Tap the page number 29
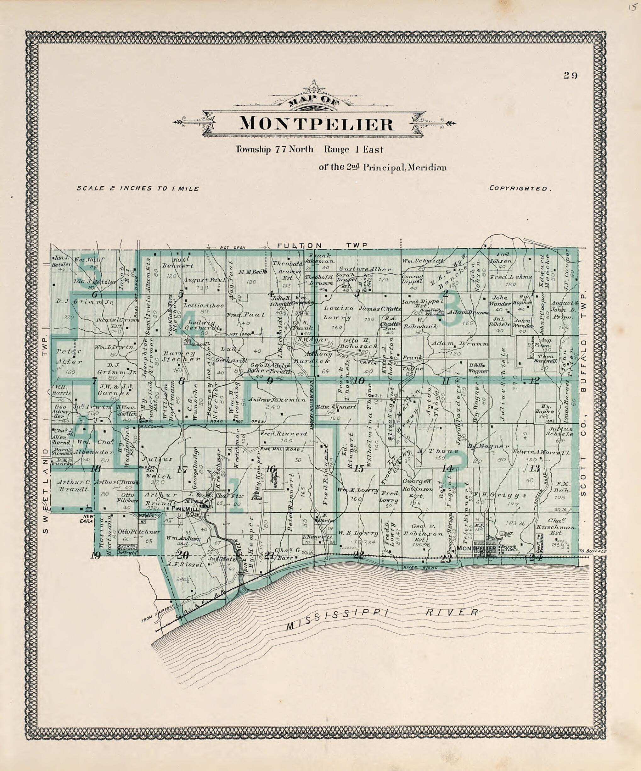(x=570, y=76)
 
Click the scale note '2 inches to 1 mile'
(x=138, y=189)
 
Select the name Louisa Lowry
(x=338, y=313)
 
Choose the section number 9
(x=270, y=381)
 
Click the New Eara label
(x=88, y=519)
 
